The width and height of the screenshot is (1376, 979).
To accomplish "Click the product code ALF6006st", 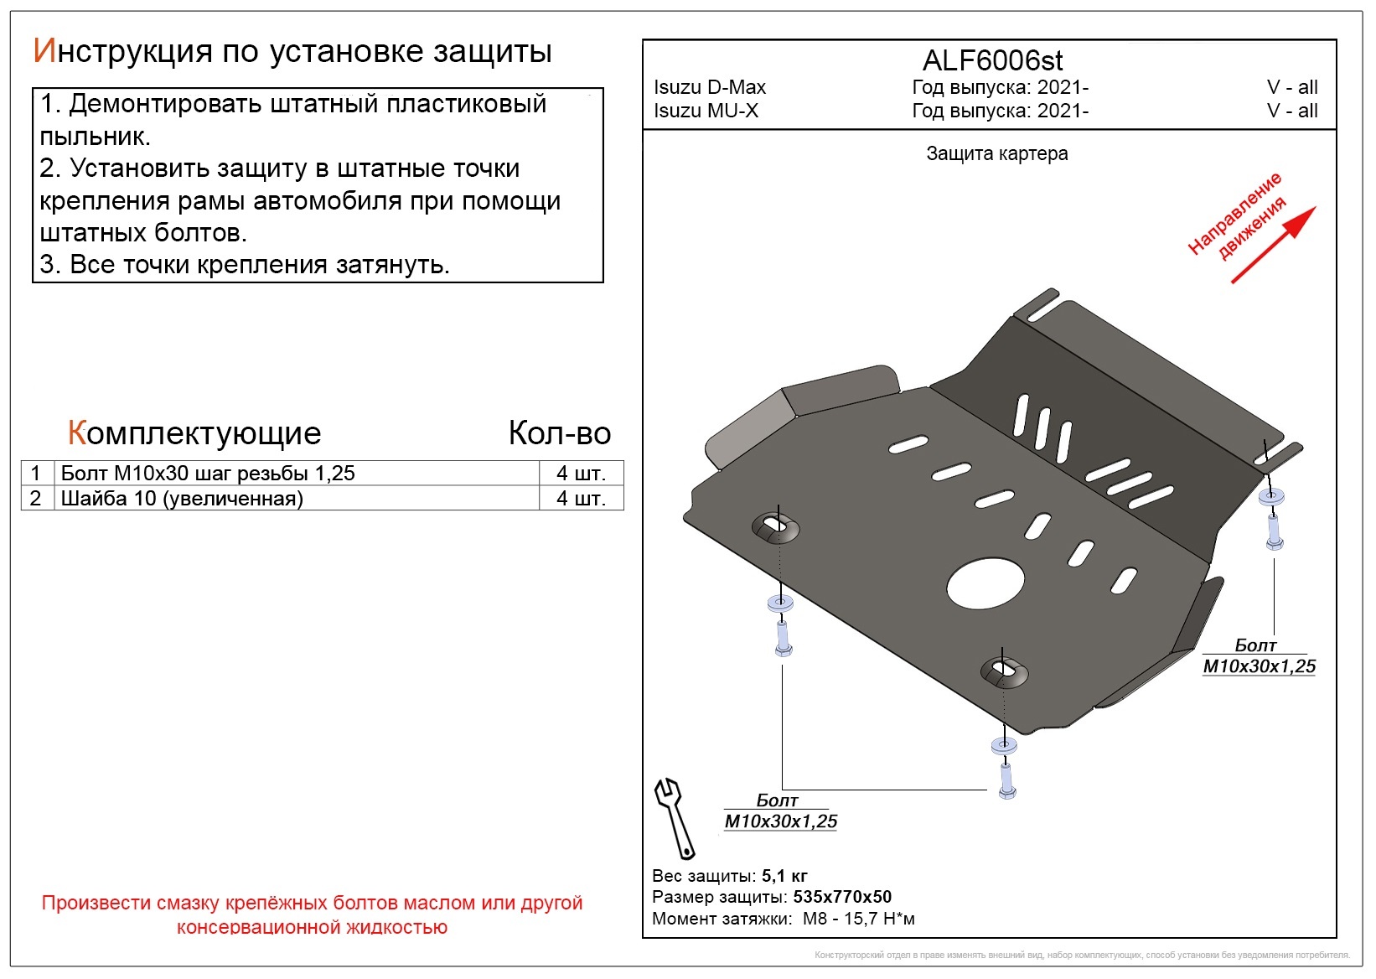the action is [x=992, y=60].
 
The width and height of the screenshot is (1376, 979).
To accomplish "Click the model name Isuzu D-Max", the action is [x=710, y=87].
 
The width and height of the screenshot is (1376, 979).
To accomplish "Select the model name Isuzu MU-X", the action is [x=706, y=111].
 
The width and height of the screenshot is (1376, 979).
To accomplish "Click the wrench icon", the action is [x=674, y=818].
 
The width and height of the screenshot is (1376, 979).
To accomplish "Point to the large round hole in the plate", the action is [x=985, y=584].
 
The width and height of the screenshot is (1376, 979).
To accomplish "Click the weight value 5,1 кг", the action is [x=784, y=875].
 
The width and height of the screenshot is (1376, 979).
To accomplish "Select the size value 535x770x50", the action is [x=842, y=897].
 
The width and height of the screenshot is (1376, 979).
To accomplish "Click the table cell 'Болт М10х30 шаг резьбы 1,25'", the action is [x=208, y=473].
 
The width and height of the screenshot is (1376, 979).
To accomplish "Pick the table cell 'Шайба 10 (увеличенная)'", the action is [x=182, y=498].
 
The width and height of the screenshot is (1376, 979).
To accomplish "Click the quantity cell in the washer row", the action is [x=581, y=498].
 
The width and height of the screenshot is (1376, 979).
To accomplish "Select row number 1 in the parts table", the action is [x=36, y=473].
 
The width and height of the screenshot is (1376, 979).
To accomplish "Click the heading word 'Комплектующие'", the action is [x=194, y=433].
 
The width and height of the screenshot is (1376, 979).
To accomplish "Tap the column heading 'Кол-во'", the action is [x=560, y=433].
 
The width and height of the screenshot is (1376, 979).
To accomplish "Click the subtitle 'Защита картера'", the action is [x=997, y=153].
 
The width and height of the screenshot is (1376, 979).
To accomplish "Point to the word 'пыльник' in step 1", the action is [x=93, y=137].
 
